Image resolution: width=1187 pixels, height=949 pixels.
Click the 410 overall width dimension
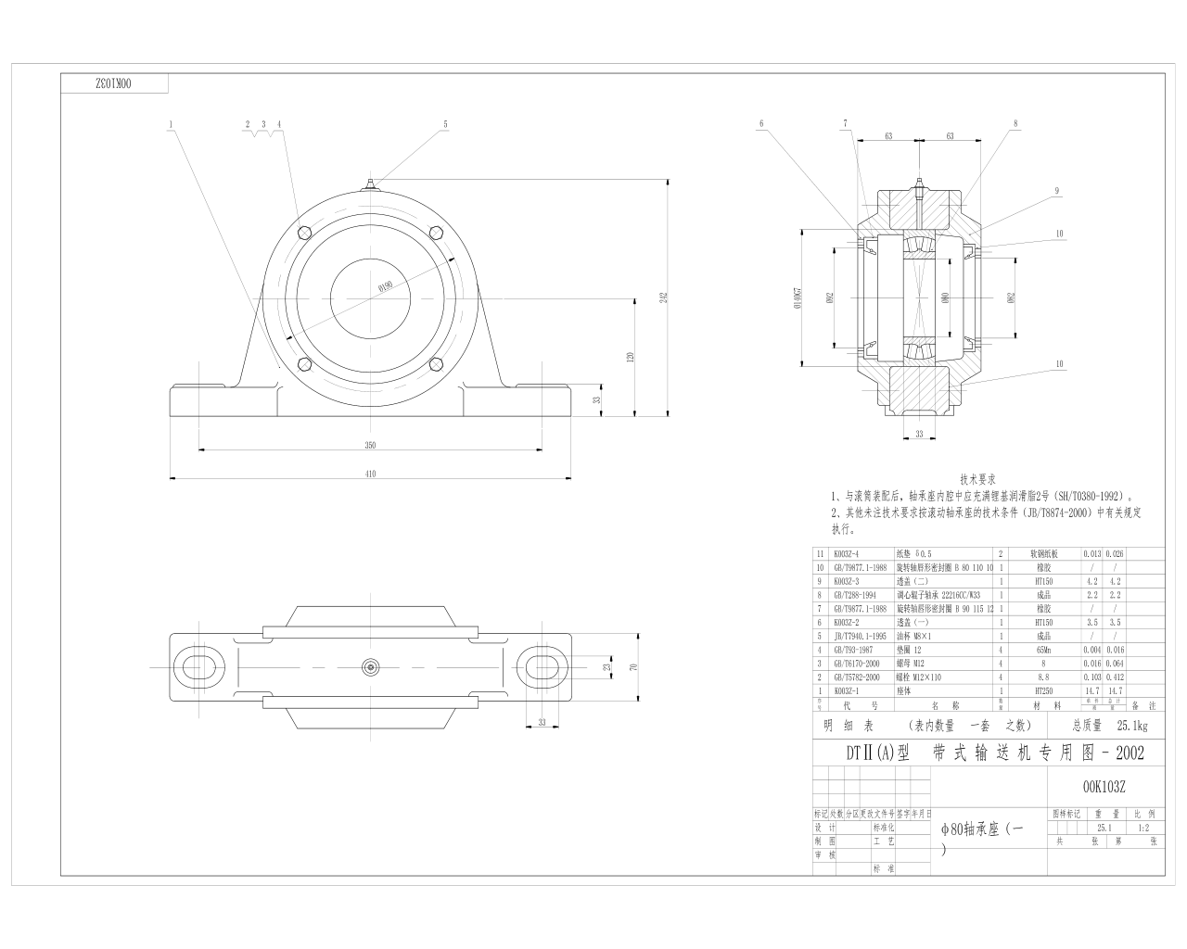coord(370,474)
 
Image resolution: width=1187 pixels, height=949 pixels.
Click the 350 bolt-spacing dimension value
coord(370,446)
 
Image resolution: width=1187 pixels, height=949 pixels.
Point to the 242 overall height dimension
coord(663,297)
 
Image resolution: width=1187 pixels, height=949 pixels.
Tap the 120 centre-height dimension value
coord(630,357)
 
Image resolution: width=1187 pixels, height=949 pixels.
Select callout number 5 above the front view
coord(445,123)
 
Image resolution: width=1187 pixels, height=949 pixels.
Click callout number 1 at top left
coord(172,123)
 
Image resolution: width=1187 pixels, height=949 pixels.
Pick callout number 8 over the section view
coord(1015,122)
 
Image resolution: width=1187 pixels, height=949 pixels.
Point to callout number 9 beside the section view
coord(1056,191)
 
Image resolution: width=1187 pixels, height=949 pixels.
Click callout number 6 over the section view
coord(760,122)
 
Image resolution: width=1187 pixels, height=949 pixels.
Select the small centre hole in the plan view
coord(370,666)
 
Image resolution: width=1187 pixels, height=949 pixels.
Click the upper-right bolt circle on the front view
coord(433,233)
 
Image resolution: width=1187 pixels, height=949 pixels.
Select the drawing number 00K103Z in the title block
coord(1104,787)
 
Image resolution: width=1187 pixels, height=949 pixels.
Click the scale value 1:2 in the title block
coord(1142,828)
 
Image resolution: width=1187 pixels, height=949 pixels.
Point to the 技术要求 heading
coord(977,480)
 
